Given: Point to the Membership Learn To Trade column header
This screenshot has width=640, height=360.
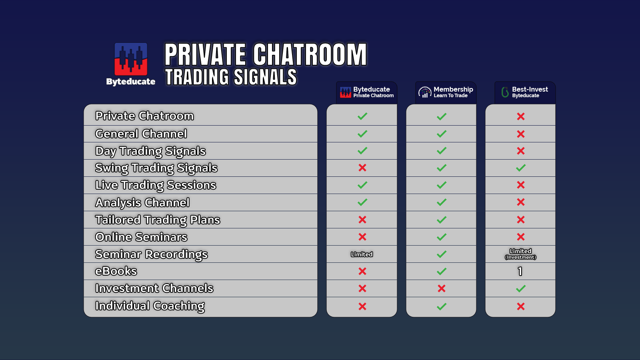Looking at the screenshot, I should pyautogui.click(x=445, y=92).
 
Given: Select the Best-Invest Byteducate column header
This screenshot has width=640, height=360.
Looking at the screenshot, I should pyautogui.click(x=524, y=92).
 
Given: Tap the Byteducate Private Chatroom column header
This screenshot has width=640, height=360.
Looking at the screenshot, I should pyautogui.click(x=366, y=92).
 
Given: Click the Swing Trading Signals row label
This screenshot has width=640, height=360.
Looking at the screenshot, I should pyautogui.click(x=156, y=168).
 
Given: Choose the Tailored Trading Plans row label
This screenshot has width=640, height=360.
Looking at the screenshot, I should pyautogui.click(x=157, y=220).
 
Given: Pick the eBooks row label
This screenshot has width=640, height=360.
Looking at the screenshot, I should pyautogui.click(x=116, y=271).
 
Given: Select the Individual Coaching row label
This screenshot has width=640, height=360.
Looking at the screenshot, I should pyautogui.click(x=150, y=306).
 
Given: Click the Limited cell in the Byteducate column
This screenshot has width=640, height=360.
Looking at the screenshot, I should pyautogui.click(x=362, y=254).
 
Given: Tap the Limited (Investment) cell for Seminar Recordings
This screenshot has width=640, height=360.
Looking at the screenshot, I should pyautogui.click(x=520, y=254).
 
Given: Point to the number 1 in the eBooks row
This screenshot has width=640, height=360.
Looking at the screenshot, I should pyautogui.click(x=520, y=271).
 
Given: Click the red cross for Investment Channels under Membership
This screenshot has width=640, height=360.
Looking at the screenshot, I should pyautogui.click(x=441, y=288).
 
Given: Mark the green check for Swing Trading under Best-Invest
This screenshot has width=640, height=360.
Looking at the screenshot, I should pyautogui.click(x=520, y=168).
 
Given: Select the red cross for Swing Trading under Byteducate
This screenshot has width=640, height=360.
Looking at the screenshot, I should pyautogui.click(x=362, y=168).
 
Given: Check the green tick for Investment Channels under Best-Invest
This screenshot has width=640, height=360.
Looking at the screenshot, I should pyautogui.click(x=520, y=288).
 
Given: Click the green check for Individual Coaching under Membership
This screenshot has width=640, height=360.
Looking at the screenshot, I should pyautogui.click(x=441, y=306).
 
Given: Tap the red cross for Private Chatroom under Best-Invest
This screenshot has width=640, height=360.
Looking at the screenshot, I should pyautogui.click(x=520, y=116).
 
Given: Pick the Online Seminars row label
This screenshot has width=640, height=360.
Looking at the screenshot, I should pyautogui.click(x=141, y=237).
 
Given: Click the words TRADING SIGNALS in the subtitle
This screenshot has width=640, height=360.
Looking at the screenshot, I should pyautogui.click(x=231, y=77).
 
